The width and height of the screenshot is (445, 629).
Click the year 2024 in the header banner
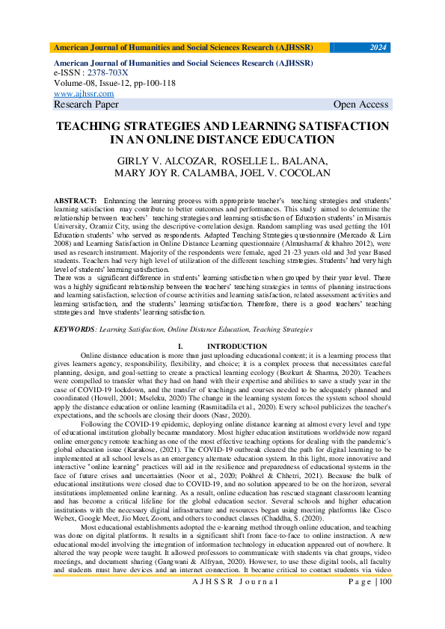pos(379,48)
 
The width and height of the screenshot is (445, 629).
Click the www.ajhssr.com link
pos(84,94)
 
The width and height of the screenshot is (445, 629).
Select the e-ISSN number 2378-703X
pos(107,74)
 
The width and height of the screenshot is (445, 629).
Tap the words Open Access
pos(361,105)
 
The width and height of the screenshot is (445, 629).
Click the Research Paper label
pos(86,105)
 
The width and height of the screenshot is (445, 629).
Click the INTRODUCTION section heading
pos(236,346)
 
